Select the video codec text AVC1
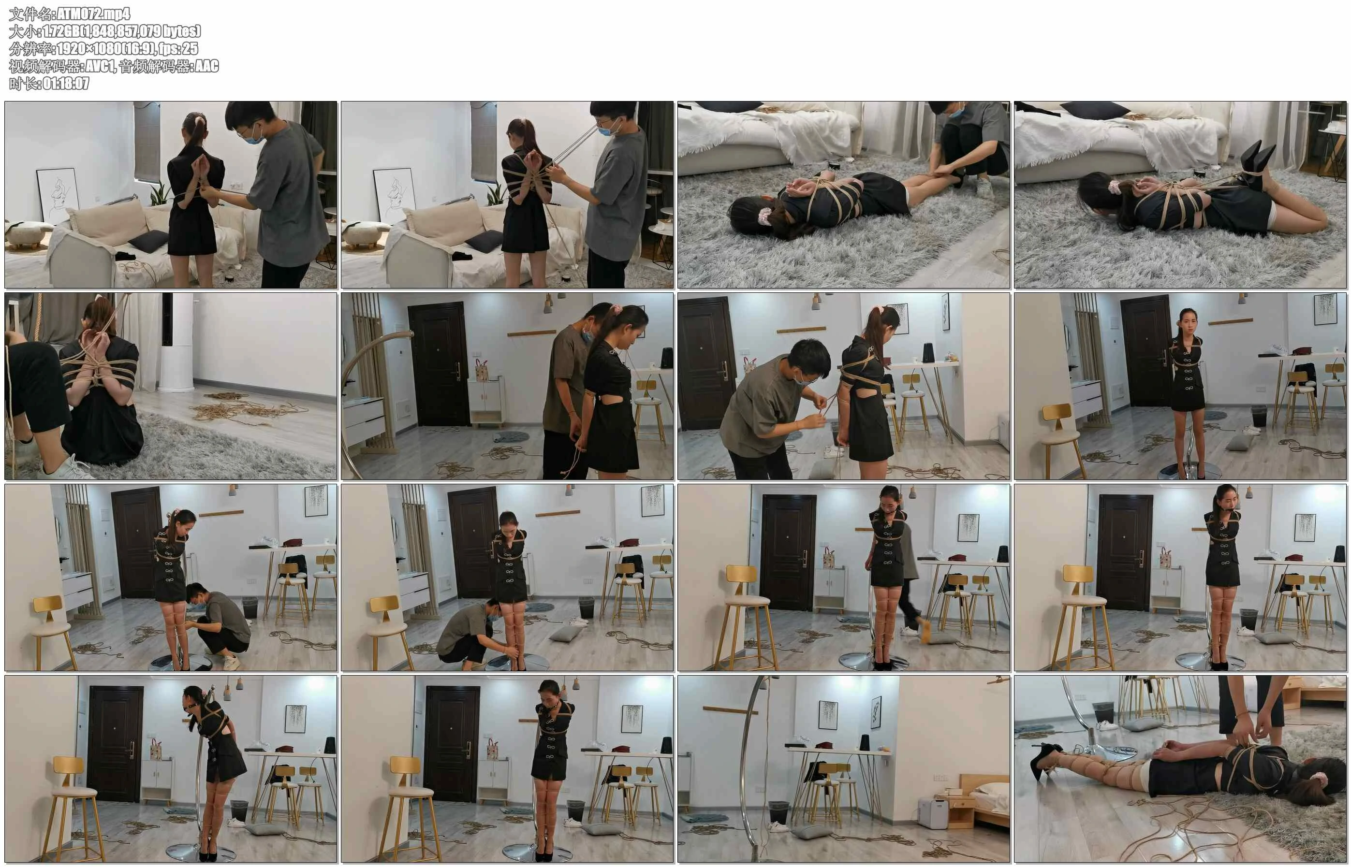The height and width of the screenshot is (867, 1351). [99, 66]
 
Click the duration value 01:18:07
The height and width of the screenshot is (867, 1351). [66, 83]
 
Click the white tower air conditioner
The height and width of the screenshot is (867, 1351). [177, 342]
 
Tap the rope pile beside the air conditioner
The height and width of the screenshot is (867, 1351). [248, 406]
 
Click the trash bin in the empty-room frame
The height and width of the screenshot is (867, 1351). [778, 812]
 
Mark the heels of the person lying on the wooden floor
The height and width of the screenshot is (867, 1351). [1046, 761]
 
